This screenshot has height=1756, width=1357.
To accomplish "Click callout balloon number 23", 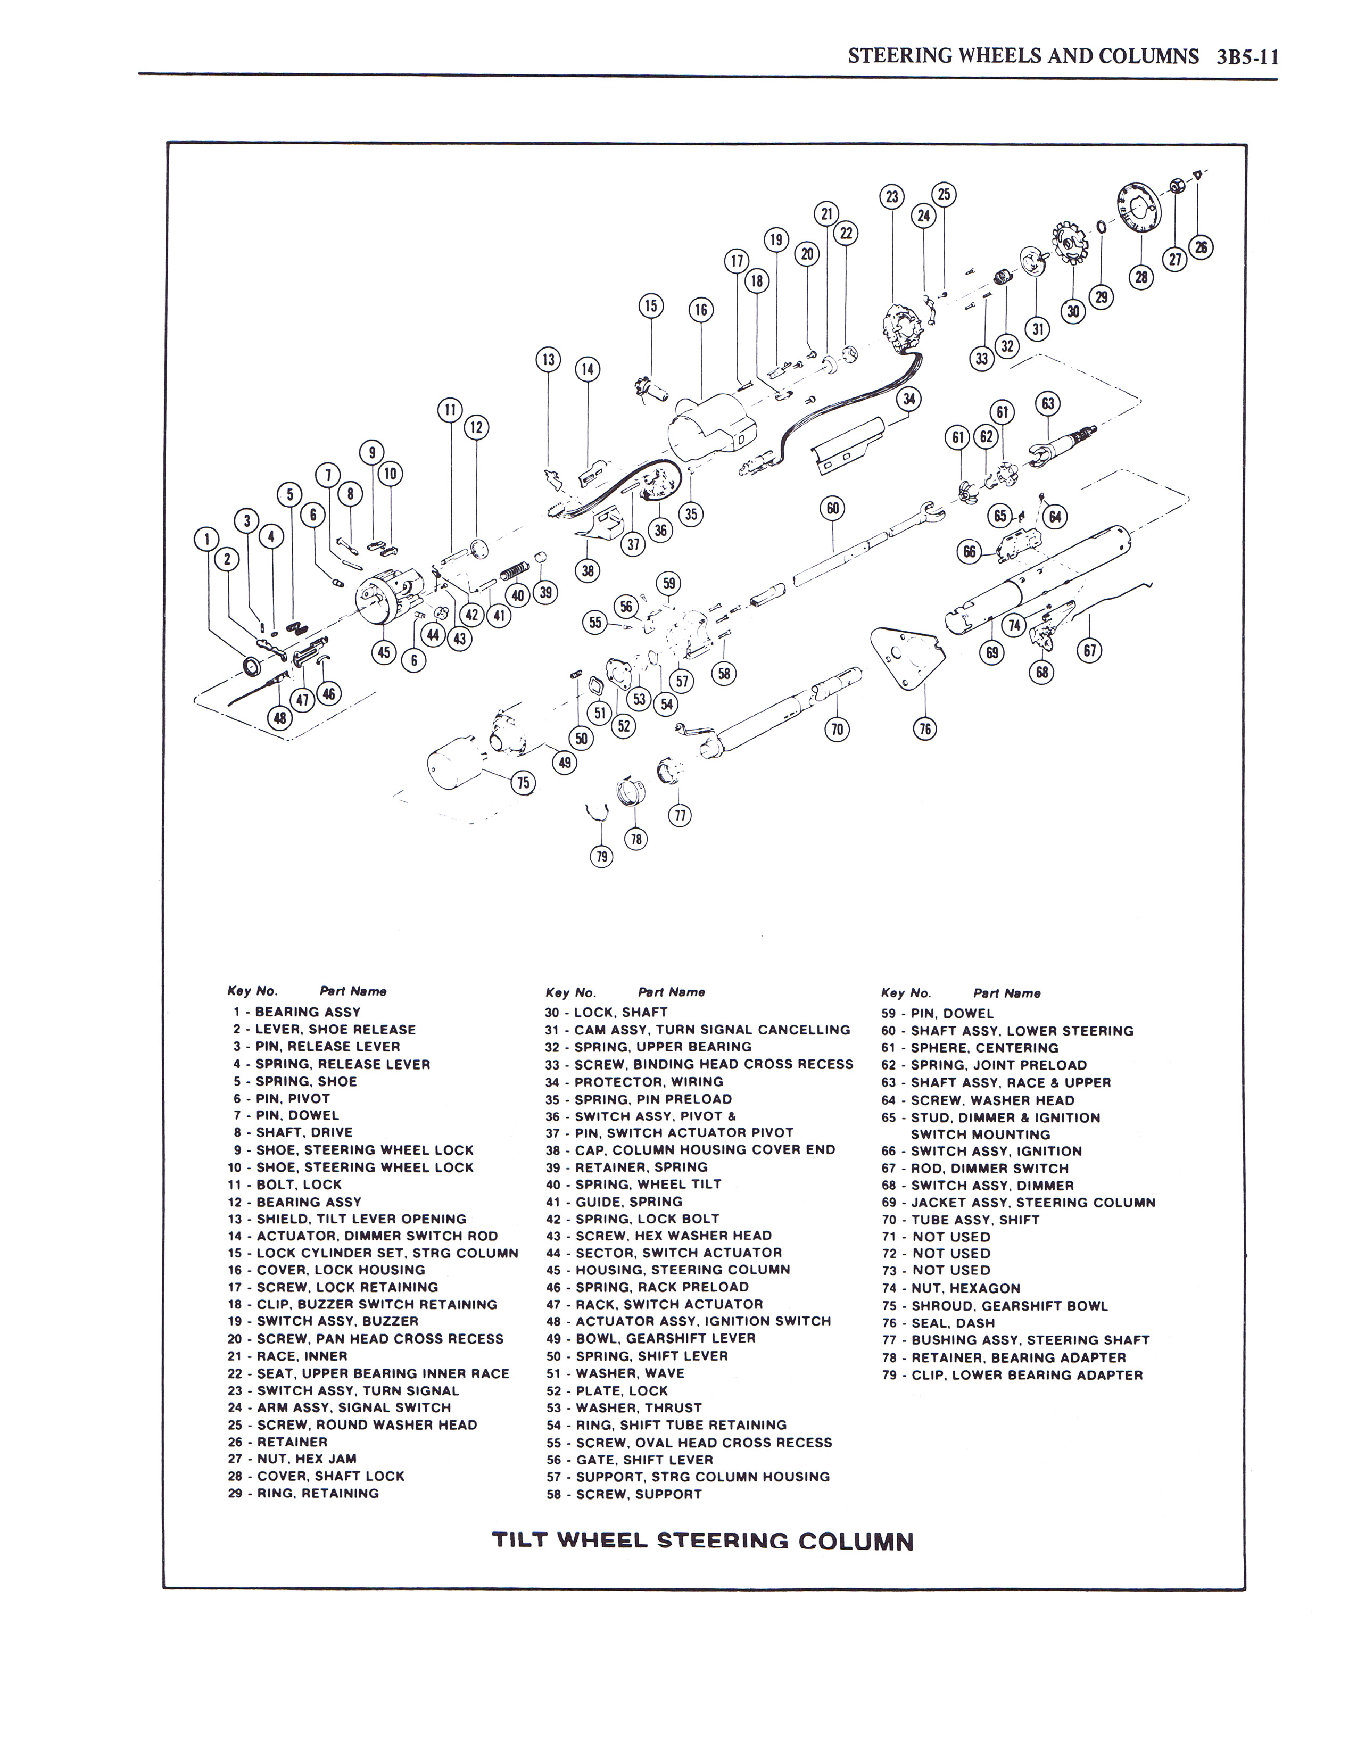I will [891, 197].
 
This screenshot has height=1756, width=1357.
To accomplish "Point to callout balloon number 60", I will [833, 508].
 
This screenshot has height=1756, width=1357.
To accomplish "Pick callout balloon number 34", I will [909, 399].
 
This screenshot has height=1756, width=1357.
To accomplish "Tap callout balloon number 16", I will [701, 310].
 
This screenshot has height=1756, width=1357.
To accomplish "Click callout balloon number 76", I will [925, 728].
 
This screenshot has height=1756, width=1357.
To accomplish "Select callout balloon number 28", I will [1141, 277].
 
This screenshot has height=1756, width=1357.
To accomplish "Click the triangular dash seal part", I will [907, 656].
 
